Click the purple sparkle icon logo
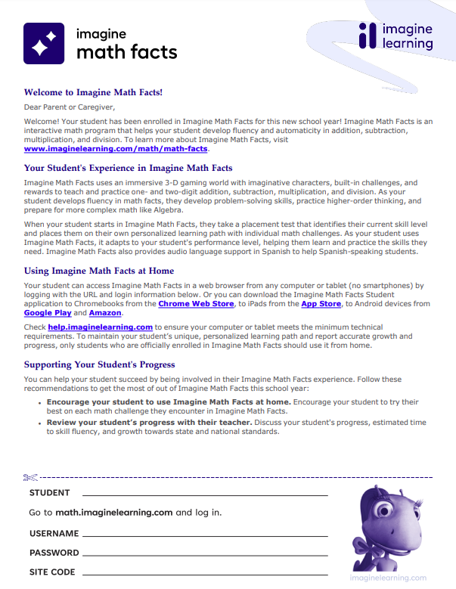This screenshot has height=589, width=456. pyautogui.click(x=44, y=43)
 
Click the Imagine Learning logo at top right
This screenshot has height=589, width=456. pyautogui.click(x=396, y=36)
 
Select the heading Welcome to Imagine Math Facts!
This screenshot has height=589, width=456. pyautogui.click(x=93, y=93)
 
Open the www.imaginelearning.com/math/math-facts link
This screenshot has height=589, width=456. pyautogui.click(x=105, y=149)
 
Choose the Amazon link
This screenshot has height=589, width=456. pyautogui.click(x=104, y=312)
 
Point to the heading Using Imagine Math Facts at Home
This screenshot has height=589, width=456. pyautogui.click(x=99, y=271)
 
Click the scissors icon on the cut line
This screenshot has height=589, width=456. pyautogui.click(x=30, y=477)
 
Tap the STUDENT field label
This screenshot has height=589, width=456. pyautogui.click(x=50, y=493)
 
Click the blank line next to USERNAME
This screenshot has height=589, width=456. pyautogui.click(x=205, y=535)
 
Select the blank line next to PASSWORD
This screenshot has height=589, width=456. pyautogui.click(x=205, y=553)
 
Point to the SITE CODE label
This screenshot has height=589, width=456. pyautogui.click(x=52, y=572)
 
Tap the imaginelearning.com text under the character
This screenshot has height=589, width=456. pyautogui.click(x=393, y=578)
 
